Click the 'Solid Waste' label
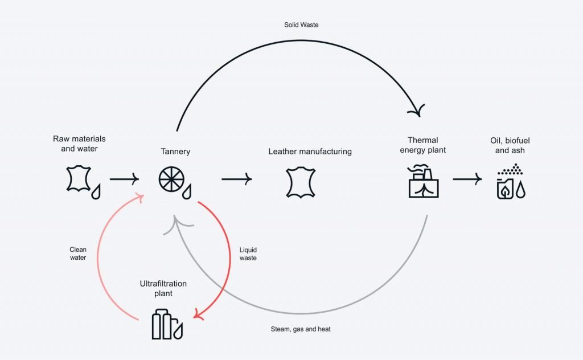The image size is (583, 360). click(x=301, y=25)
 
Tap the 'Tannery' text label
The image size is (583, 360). click(x=175, y=152)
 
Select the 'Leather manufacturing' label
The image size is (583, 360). click(x=310, y=152)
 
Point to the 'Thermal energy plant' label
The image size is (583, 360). click(x=423, y=145)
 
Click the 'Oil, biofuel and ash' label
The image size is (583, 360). click(x=510, y=145)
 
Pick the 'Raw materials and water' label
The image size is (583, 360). click(x=79, y=144)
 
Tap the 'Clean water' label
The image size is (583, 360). click(x=77, y=253)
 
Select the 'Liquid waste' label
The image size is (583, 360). click(x=248, y=253)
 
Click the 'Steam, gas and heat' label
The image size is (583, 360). click(x=301, y=329)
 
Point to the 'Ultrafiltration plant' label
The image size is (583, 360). click(x=163, y=288)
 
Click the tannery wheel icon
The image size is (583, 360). click(x=171, y=179)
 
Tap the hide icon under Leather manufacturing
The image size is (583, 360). click(x=301, y=182)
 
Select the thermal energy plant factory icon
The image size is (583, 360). click(x=424, y=181)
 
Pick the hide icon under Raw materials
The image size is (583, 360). click(x=79, y=179)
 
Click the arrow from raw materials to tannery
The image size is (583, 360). click(x=124, y=179)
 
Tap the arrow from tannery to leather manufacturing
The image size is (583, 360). click(x=237, y=179)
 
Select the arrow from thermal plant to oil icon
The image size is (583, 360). click(x=467, y=179)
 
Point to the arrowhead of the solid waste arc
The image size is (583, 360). click(x=418, y=111)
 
